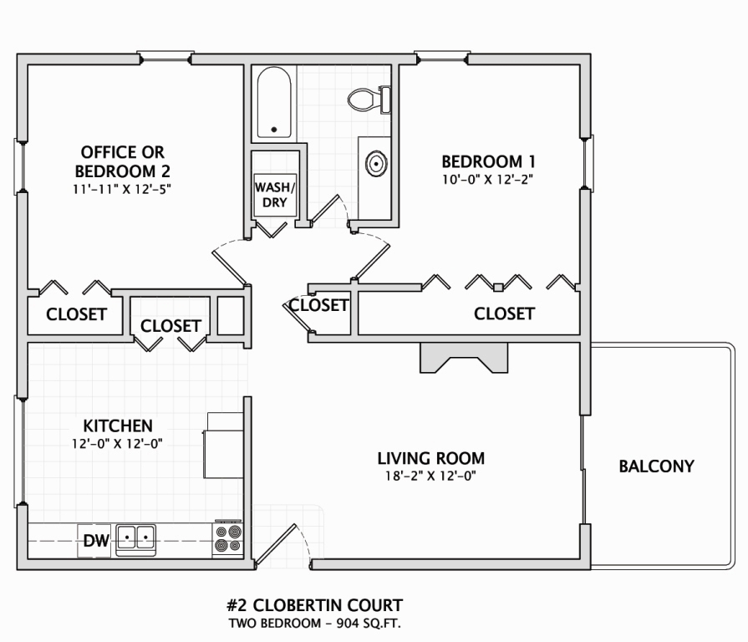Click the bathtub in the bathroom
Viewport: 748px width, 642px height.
pyautogui.click(x=274, y=102)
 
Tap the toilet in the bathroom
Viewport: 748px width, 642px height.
pyautogui.click(x=369, y=99)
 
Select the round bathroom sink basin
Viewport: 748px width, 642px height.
pyautogui.click(x=376, y=164)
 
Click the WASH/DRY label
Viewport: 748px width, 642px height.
pyautogui.click(x=275, y=195)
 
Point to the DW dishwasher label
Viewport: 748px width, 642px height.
pyautogui.click(x=96, y=540)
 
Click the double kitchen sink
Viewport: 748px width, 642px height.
pyautogui.click(x=136, y=538)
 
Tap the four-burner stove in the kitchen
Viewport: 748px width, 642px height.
pyautogui.click(x=228, y=538)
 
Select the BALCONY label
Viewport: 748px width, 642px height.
pyautogui.click(x=656, y=466)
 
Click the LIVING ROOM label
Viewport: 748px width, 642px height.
pyautogui.click(x=430, y=458)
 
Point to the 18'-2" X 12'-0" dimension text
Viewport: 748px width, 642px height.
pyautogui.click(x=430, y=476)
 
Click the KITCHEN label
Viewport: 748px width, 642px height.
pyautogui.click(x=118, y=425)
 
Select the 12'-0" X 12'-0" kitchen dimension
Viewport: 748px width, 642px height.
pyautogui.click(x=117, y=444)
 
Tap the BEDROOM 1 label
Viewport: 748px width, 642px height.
pyautogui.click(x=488, y=161)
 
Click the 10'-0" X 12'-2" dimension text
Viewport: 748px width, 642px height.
pyautogui.click(x=487, y=180)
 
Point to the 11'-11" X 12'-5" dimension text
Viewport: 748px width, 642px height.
pyautogui.click(x=122, y=189)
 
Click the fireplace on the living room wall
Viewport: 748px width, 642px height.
pyautogui.click(x=464, y=357)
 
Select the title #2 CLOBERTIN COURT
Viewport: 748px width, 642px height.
pyautogui.click(x=314, y=605)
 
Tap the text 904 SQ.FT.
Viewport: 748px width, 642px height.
pyautogui.click(x=369, y=624)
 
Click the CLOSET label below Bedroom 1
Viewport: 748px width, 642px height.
pyautogui.click(x=504, y=313)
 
